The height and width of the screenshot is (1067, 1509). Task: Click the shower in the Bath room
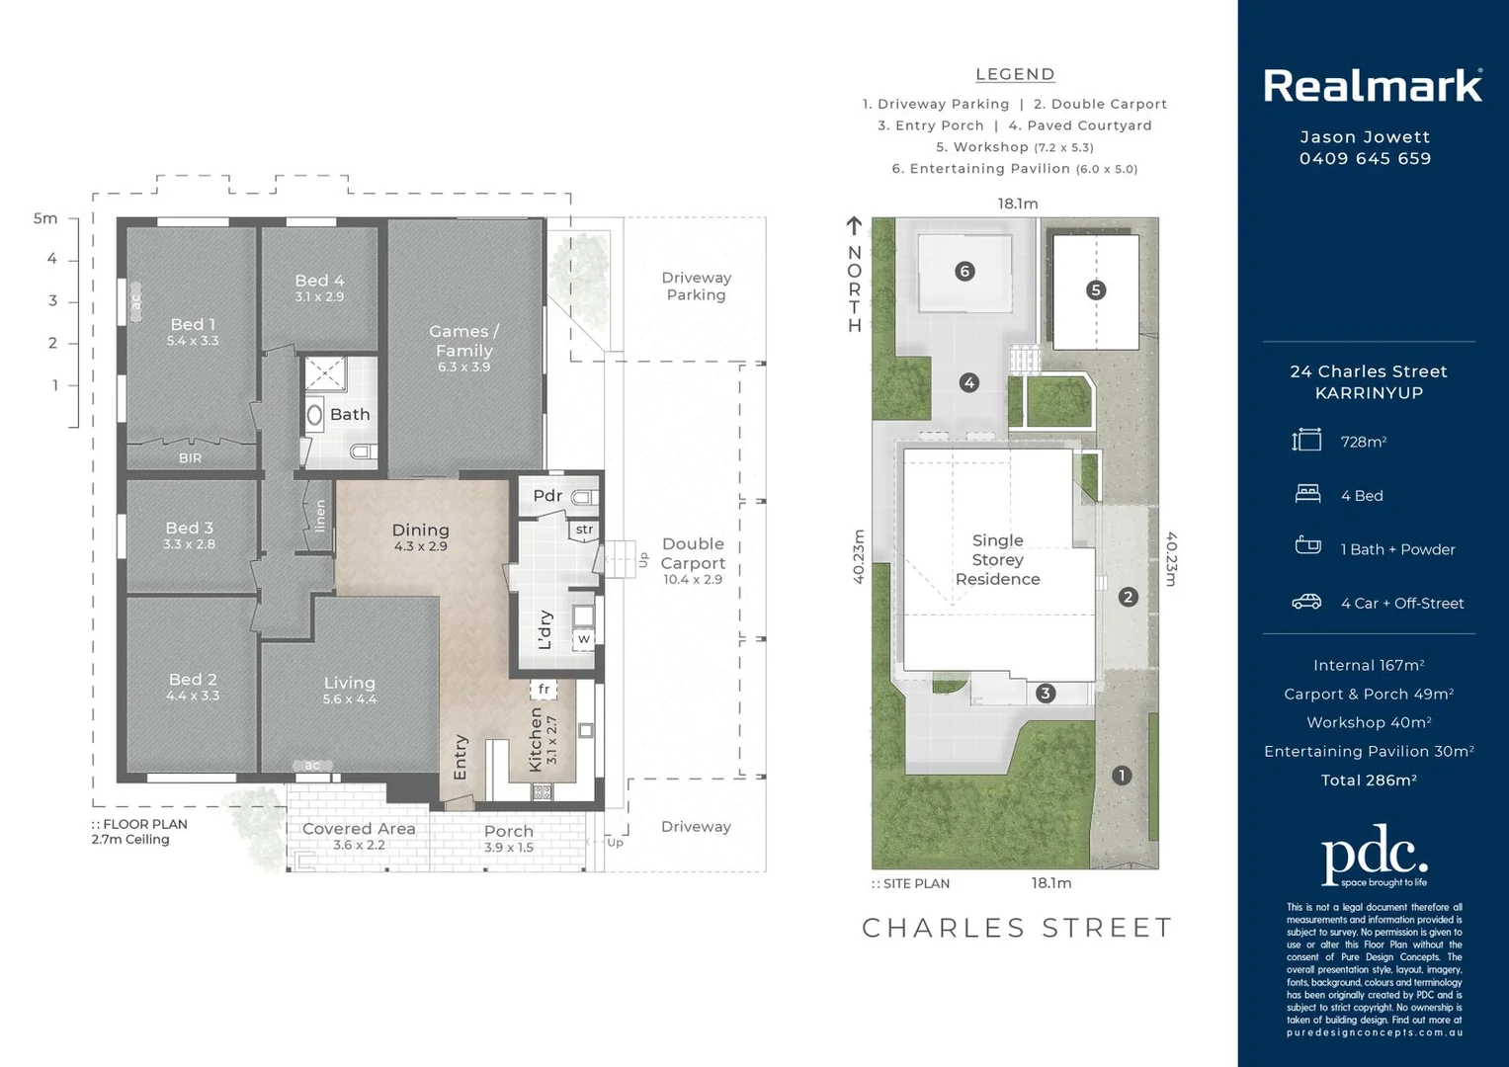pos(324,374)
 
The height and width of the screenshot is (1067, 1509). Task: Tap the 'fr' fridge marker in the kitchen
pos(544,689)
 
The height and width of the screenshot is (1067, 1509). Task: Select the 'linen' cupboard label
pos(320,516)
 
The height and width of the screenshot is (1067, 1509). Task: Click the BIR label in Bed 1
pos(190,458)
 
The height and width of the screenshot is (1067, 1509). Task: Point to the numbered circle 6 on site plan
pos(964,271)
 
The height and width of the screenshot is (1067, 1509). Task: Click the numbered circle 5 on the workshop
pos(1095,290)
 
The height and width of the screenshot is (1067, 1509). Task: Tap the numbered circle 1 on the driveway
pos(1121,776)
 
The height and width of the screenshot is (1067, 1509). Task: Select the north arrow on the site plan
pos(854,226)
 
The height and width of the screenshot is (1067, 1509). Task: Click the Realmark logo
pos(1372,86)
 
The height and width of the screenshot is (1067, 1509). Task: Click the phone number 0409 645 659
pos(1365,159)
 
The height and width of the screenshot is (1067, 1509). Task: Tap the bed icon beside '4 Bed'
pos(1307,494)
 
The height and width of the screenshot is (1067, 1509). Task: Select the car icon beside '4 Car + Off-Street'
pos(1306,602)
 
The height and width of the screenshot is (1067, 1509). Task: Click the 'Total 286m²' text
pos(1369,780)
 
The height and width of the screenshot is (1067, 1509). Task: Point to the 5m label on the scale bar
pos(45,218)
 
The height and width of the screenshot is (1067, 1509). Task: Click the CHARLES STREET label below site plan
pos(1017,928)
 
